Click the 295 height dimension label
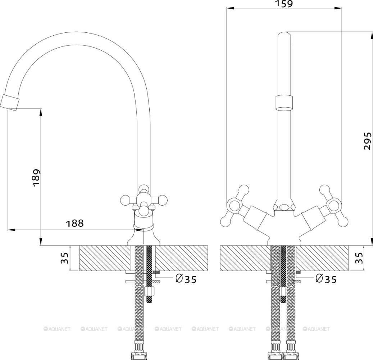point(367,141)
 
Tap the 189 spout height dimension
point(36,178)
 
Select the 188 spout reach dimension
point(75,223)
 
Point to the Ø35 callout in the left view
point(186,279)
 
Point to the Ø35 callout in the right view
point(326,279)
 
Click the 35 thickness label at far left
point(65,258)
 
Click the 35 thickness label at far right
point(359,258)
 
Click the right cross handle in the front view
point(333,206)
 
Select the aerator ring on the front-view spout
point(284,102)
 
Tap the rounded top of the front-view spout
point(284,35)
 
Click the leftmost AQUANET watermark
point(57,329)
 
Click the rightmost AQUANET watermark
point(317,329)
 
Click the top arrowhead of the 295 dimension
point(372,34)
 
